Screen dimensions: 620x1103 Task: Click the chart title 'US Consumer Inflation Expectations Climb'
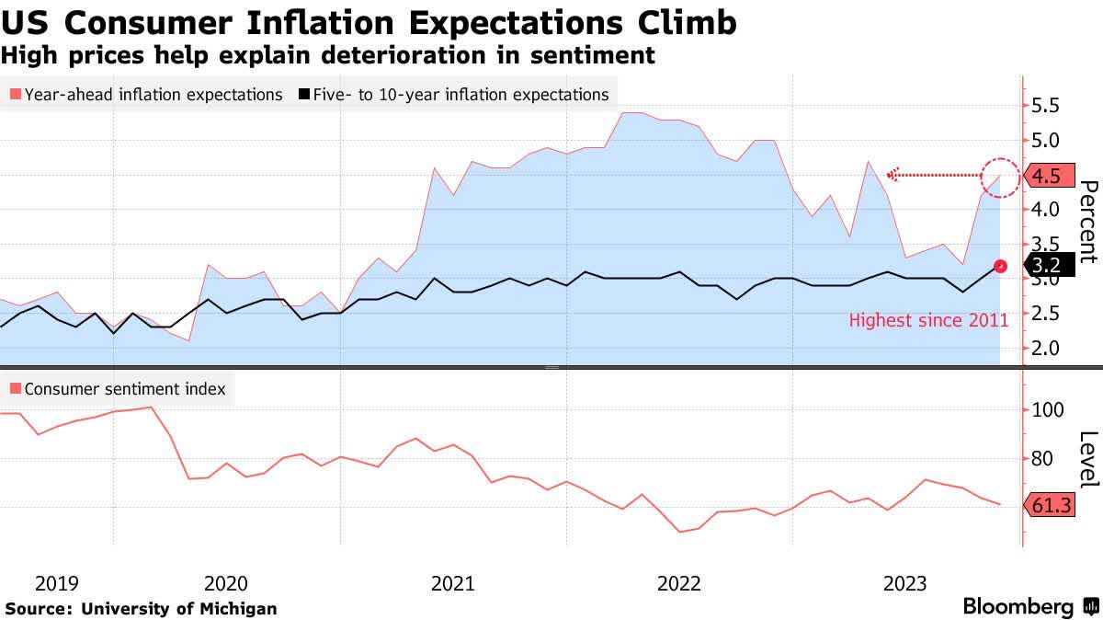368,22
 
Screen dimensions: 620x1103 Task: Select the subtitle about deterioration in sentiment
327,55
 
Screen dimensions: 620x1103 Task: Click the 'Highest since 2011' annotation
928,321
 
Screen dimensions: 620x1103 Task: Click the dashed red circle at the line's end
1001,175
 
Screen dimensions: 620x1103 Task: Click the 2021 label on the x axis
452,583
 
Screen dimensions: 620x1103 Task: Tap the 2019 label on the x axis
56,583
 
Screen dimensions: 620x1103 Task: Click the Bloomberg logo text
1018,607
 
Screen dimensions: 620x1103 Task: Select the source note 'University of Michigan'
179,609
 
